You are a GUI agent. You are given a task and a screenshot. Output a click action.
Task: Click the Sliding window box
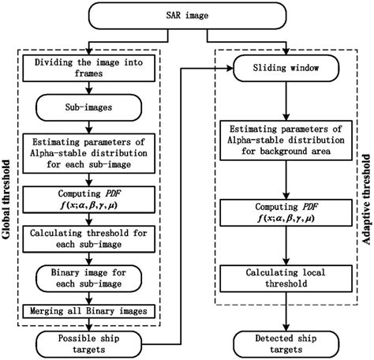click(285, 69)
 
